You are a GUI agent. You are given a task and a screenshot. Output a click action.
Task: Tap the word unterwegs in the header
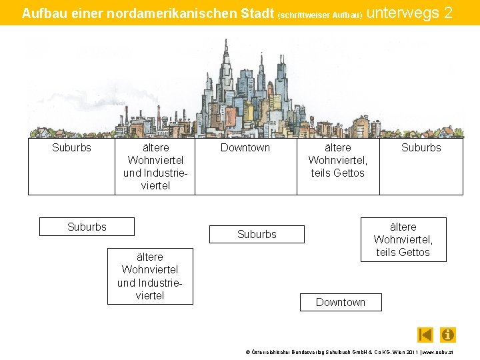[x=399, y=12]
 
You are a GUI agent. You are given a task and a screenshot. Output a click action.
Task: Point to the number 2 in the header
[x=448, y=12]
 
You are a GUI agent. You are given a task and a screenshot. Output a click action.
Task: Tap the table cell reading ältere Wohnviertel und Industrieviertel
[x=155, y=167]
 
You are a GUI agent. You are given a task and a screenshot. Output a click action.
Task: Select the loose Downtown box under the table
[x=341, y=302]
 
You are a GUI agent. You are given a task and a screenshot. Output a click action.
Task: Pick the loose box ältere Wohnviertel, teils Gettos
[x=403, y=239]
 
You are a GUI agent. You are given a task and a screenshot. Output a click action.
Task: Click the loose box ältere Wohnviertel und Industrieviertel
[x=150, y=276]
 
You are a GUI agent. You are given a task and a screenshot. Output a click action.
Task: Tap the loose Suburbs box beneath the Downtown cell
[x=257, y=234]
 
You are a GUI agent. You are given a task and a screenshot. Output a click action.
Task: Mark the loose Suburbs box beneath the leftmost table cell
[x=87, y=227]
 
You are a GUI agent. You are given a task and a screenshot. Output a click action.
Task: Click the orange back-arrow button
[x=425, y=335]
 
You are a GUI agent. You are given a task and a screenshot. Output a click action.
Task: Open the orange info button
[x=448, y=335]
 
